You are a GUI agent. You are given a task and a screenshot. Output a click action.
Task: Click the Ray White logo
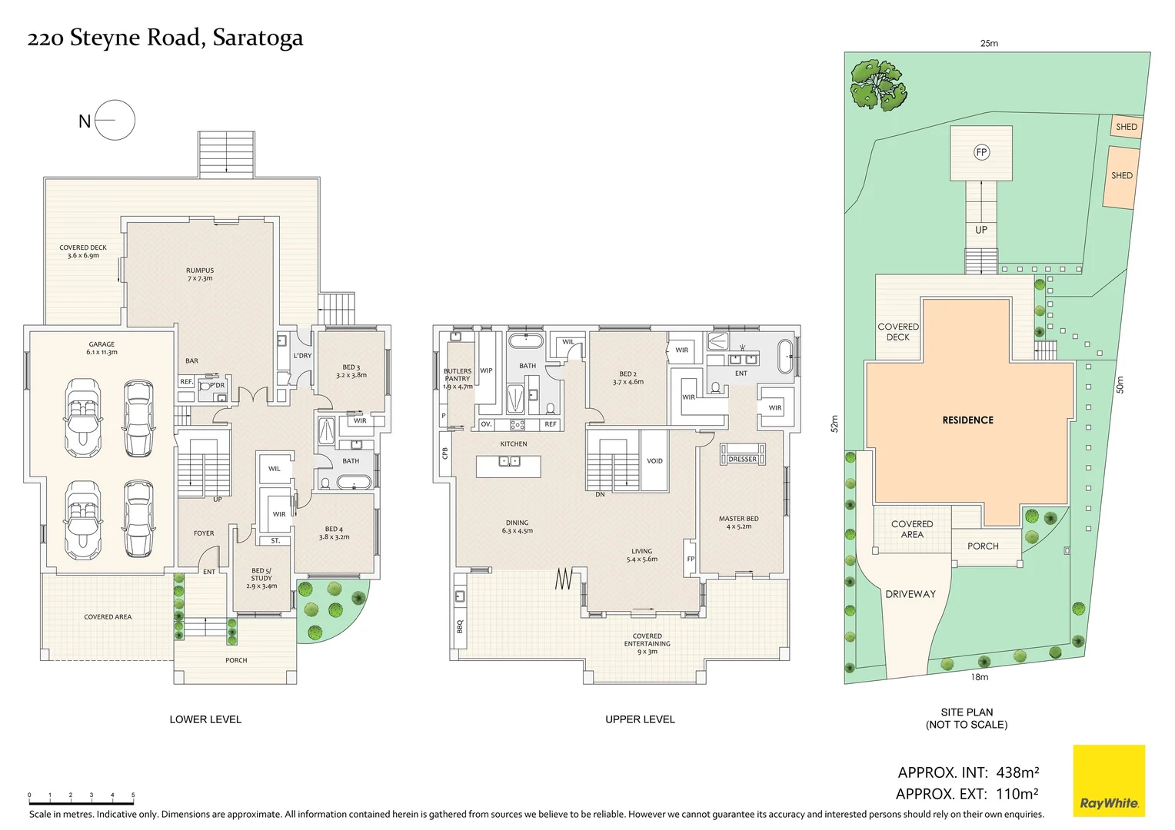pos(1108,781)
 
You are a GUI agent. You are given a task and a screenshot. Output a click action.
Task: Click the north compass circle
pos(115,120)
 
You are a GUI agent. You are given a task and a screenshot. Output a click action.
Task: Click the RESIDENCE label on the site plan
pos(967,420)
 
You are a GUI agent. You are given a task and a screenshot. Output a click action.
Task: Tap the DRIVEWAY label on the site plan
pos(910,594)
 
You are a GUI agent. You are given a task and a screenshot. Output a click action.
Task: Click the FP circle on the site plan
pos(981,152)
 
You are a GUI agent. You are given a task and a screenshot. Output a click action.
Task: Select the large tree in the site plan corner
pos(877,85)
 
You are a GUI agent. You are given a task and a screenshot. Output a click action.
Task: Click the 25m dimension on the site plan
pos(989,44)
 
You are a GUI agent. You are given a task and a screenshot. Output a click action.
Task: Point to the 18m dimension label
pos(979,677)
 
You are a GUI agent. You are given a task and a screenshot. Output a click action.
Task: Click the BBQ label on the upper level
pos(460,626)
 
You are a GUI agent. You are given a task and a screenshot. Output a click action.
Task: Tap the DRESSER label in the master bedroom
pos(742,459)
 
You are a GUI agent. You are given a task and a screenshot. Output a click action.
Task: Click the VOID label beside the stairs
pos(654,461)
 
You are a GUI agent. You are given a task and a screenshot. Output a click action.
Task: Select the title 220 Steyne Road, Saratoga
pos(165,38)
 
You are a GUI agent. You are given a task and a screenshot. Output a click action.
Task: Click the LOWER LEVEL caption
pos(205,719)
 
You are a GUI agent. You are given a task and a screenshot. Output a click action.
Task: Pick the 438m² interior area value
pos(1017,772)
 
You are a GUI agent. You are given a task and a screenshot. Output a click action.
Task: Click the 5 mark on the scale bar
pos(133,795)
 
